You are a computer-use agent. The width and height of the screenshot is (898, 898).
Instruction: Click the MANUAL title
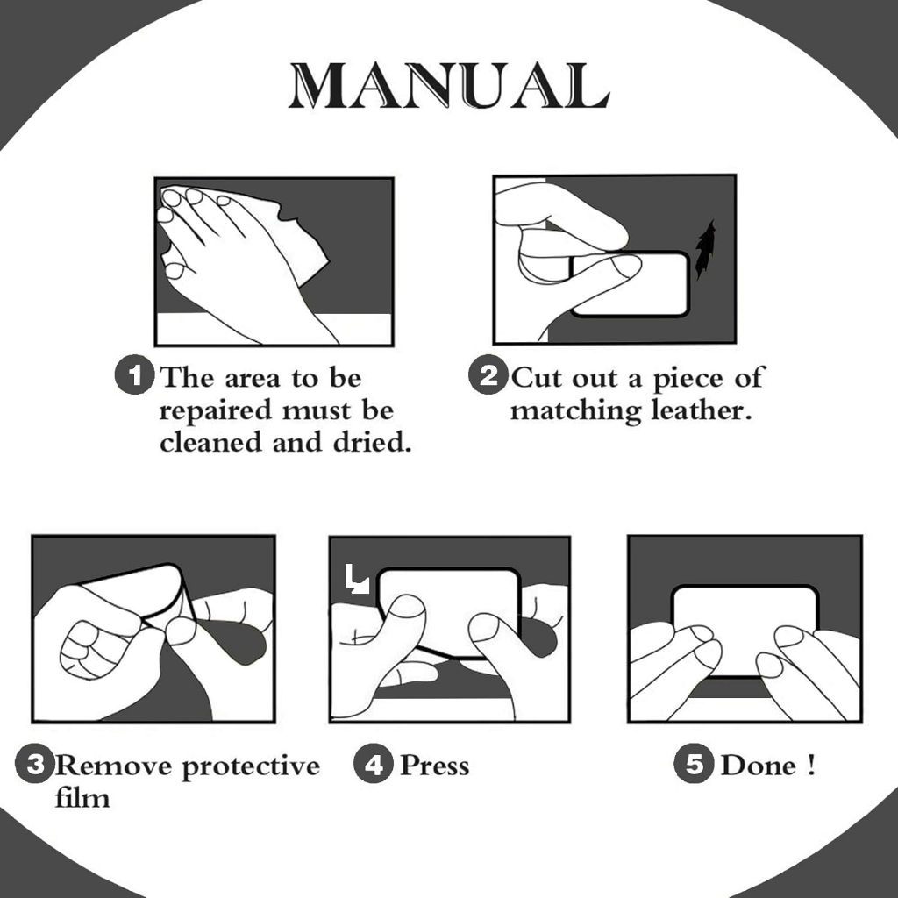[x=449, y=85]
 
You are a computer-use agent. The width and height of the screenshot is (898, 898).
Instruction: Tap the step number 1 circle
[x=134, y=375]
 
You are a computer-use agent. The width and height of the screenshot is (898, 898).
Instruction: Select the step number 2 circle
[x=488, y=375]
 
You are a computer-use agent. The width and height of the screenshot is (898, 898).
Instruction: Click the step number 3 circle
[x=34, y=764]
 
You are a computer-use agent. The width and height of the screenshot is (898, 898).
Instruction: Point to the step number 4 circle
[x=374, y=764]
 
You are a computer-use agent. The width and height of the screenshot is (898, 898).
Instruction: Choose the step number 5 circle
[x=694, y=764]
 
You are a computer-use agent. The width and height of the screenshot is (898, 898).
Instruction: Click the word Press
[x=435, y=765]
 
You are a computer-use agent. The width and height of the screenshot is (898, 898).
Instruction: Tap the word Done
[x=759, y=765]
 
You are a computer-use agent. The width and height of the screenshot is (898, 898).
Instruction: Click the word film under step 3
[x=82, y=796]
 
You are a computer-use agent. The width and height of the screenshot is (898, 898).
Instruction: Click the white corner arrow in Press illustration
[x=357, y=579]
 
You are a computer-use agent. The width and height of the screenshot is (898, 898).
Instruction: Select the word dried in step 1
[x=372, y=442]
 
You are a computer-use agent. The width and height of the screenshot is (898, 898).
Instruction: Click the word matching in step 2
[x=575, y=411]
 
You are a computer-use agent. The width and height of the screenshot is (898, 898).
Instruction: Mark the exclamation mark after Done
[x=810, y=765]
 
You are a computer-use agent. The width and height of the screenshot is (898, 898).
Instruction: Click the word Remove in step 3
[x=113, y=765]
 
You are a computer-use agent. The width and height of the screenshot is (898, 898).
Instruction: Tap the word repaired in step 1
[x=216, y=411]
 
